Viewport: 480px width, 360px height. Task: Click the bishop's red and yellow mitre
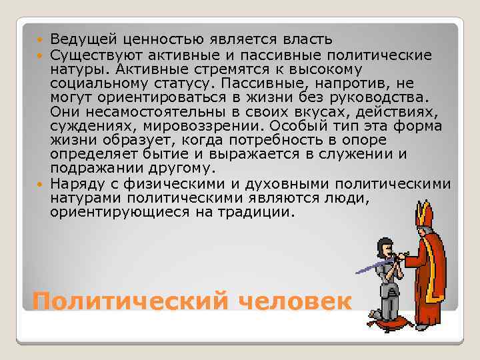pyautogui.click(x=424, y=215)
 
